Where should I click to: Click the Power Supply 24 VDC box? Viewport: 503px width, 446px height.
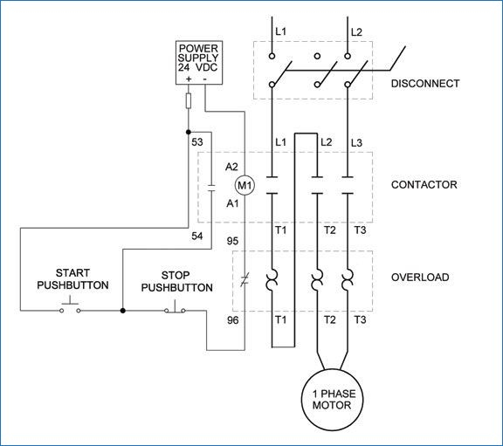(x=199, y=63)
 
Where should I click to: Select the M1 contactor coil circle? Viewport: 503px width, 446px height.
(x=245, y=185)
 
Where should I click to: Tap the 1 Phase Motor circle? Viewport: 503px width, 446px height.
(x=334, y=400)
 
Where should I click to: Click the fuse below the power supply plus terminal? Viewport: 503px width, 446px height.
(x=189, y=100)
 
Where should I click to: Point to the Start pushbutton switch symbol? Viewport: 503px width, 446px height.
(x=70, y=307)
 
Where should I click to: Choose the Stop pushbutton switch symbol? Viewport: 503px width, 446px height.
(x=175, y=307)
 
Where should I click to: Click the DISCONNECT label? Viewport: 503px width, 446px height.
(x=425, y=84)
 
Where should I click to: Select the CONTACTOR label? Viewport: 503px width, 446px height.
(x=424, y=185)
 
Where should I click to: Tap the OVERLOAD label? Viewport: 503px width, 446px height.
(x=420, y=277)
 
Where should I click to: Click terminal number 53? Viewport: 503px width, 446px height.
(x=197, y=142)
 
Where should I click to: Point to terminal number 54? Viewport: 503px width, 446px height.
(x=197, y=236)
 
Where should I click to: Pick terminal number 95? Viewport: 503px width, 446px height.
(x=232, y=241)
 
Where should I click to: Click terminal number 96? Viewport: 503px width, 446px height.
(x=233, y=320)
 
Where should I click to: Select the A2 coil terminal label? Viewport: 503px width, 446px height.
(x=231, y=167)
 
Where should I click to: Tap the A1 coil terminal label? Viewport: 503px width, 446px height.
(x=232, y=203)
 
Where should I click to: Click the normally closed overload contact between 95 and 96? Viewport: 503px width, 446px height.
(x=245, y=279)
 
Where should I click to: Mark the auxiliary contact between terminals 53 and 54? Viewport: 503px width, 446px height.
(x=211, y=188)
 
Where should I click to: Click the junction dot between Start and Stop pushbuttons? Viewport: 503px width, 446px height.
(x=122, y=311)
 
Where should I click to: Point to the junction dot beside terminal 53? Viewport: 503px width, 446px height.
(x=189, y=132)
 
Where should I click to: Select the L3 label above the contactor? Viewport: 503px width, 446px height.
(x=356, y=142)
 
